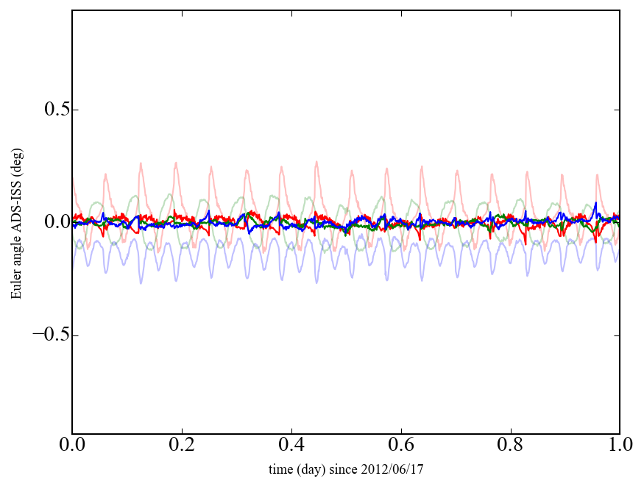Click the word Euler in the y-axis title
[x=15, y=286]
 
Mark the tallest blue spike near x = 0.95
[x=595, y=203]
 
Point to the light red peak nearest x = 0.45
[x=316, y=162]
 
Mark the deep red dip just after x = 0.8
[x=526, y=243]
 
